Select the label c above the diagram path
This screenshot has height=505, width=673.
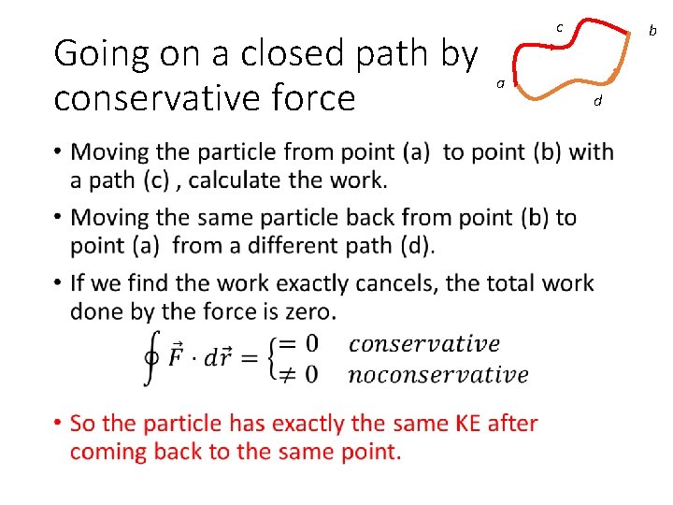pos(559,28)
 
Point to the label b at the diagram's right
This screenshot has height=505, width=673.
pos(653,31)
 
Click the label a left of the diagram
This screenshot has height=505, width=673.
pos(501,83)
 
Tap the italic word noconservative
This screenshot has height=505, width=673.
pos(437,375)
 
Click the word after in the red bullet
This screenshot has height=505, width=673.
pos(513,424)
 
